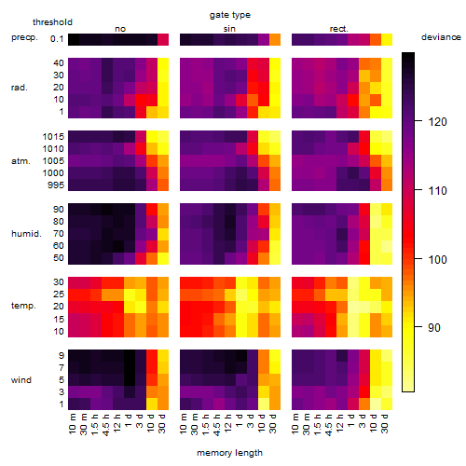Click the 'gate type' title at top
tap(230, 15)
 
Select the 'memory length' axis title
tap(229, 453)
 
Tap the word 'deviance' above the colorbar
tap(441, 37)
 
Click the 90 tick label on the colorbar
tap(434, 327)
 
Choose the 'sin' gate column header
tap(229, 29)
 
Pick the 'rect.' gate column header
tap(339, 29)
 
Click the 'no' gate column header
tap(120, 29)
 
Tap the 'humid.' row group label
tap(26, 233)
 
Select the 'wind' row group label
tap(21, 379)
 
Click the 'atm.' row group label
tap(21, 161)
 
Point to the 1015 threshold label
tap(53, 136)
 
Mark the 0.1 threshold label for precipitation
tap(57, 39)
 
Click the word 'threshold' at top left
tap(52, 22)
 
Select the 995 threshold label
tap(56, 185)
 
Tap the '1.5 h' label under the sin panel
tap(207, 423)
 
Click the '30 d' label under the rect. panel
tap(385, 423)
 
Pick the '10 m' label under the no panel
tap(73, 423)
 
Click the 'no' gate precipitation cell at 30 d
tap(163, 39)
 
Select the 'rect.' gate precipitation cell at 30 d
tap(387, 39)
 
